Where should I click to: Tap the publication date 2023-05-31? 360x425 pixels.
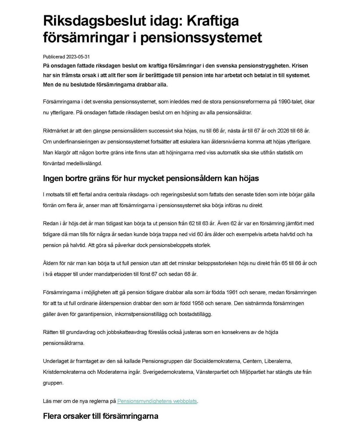click(79, 57)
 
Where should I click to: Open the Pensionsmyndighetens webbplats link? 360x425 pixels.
click(157, 401)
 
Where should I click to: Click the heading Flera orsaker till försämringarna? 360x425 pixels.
click(101, 416)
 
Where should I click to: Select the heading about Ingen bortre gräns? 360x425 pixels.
click(151, 178)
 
